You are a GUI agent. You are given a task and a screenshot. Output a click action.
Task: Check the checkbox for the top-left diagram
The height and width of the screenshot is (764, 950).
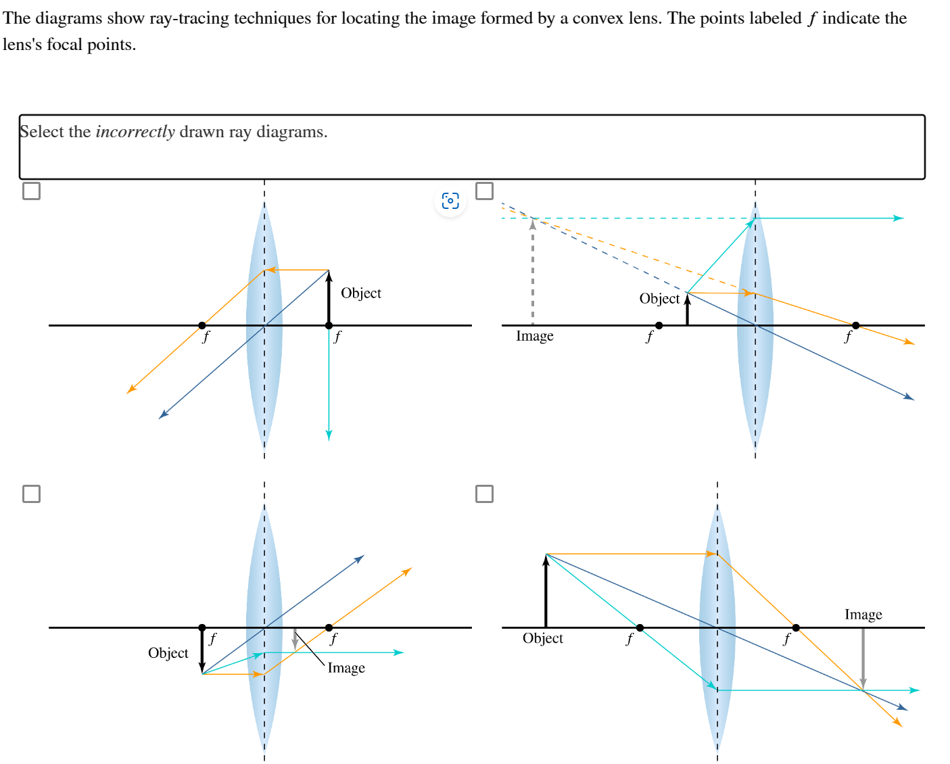[x=31, y=191]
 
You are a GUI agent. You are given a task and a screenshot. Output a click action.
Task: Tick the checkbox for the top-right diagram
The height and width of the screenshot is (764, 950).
[x=484, y=191]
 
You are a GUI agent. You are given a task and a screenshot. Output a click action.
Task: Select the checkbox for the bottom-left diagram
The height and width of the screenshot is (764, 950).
[x=31, y=494]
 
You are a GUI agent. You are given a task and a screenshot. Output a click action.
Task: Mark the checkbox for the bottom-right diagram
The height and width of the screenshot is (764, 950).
[x=484, y=494]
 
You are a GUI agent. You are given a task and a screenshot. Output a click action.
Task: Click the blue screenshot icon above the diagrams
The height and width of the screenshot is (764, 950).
[x=450, y=201]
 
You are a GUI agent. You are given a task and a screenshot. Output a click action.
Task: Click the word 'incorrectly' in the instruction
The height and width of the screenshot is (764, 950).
[x=135, y=132]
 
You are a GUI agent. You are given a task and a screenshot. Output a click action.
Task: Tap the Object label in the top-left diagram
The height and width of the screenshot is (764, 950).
[x=360, y=293]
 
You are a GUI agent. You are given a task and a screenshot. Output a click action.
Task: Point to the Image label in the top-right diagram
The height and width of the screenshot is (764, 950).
[x=534, y=336]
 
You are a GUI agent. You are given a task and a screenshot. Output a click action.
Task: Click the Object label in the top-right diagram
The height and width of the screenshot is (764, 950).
[x=659, y=299]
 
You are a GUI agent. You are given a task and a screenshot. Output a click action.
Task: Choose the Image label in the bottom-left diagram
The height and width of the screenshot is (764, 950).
[x=346, y=668]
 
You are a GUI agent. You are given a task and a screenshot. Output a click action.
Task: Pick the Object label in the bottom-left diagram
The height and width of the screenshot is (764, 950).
[x=168, y=653]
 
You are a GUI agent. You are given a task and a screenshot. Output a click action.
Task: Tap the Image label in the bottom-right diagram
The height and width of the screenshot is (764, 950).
[x=863, y=615]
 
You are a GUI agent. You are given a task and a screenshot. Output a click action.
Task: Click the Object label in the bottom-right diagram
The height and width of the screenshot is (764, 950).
[x=542, y=638]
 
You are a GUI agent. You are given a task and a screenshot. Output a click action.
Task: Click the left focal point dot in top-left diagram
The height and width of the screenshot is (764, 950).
[x=202, y=325]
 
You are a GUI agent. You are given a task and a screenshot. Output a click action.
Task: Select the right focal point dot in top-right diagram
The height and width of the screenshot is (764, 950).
[x=855, y=325]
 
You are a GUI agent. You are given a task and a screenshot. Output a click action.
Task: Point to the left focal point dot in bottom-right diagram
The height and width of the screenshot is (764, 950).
[x=640, y=627]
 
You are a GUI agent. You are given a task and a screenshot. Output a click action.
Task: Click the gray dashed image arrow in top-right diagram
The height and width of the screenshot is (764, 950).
[x=533, y=270]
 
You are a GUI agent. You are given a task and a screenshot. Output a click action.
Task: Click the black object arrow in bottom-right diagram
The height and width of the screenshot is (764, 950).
[x=546, y=592]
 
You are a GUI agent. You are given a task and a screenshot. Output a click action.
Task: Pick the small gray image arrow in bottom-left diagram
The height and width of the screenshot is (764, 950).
[x=295, y=638]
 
